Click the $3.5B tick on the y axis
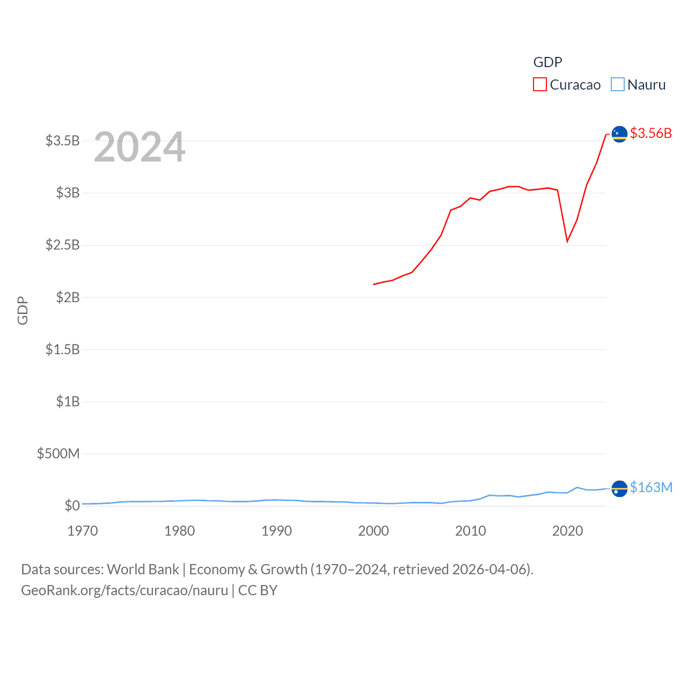tap(62, 141)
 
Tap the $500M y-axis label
tap(58, 454)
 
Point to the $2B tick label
tap(68, 297)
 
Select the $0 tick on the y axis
tap(72, 506)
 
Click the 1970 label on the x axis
tap(83, 531)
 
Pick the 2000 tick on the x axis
tap(374, 531)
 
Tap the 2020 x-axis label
tap(567, 531)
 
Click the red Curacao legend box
tap(539, 85)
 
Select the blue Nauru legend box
tap(618, 85)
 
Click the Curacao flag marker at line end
tap(619, 134)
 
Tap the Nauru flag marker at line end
tap(619, 488)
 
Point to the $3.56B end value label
tap(651, 133)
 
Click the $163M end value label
tap(651, 487)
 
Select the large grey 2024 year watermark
tap(140, 147)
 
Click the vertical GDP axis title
tap(23, 310)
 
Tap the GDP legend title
tap(547, 62)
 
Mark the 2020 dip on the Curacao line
tap(567, 242)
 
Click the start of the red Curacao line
tap(374, 284)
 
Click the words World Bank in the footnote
tap(143, 569)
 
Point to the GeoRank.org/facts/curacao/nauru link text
tap(125, 590)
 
